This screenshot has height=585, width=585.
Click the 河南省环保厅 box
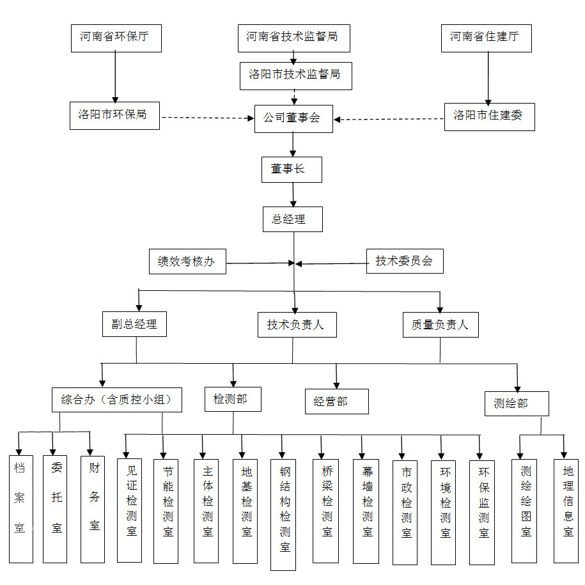coord(115,38)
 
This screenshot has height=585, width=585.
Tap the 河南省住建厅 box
coord(486,38)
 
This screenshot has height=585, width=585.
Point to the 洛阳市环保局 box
coord(114,115)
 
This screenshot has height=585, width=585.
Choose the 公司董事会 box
coord(293,118)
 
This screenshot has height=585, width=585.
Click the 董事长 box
coord(292,169)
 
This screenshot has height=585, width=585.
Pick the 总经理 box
coord(293,219)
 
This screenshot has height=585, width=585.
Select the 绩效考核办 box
coord(187,261)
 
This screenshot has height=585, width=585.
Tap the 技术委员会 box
coord(404,260)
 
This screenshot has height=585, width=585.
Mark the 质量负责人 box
coord(441,324)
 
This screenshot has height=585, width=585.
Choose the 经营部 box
coord(336,402)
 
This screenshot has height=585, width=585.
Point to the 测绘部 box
coord(516,403)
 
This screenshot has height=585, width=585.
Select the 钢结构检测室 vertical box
coord(283,514)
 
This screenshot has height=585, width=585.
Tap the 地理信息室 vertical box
coord(566,509)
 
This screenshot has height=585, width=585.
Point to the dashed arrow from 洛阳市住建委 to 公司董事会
coord(389,119)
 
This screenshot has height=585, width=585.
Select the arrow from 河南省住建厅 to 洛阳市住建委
coord(488,77)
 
